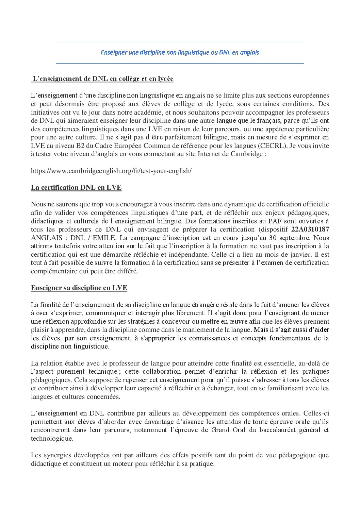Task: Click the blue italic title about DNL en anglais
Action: [180, 52]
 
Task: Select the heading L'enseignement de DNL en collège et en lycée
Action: [102, 79]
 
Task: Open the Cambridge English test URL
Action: [111, 171]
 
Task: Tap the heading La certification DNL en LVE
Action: [76, 187]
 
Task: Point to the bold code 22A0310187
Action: [310, 229]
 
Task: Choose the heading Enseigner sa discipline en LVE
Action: [79, 288]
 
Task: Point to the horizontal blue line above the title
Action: [180, 42]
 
